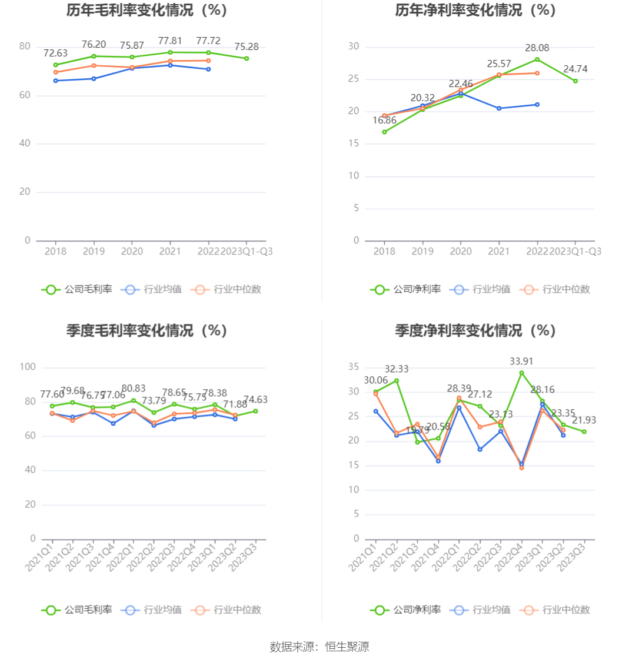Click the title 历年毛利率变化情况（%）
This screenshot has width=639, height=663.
click(x=147, y=10)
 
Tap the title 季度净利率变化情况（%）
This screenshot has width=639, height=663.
click(x=475, y=330)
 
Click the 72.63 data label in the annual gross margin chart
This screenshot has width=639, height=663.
click(x=55, y=53)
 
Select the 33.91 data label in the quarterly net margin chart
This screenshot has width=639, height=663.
click(x=521, y=361)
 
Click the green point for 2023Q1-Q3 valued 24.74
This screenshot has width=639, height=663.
click(x=575, y=81)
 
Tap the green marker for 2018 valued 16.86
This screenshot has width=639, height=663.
click(x=384, y=132)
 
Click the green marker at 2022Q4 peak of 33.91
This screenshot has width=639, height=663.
click(x=521, y=373)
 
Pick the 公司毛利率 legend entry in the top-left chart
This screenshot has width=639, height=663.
click(x=76, y=289)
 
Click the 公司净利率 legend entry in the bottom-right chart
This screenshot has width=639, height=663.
click(x=405, y=610)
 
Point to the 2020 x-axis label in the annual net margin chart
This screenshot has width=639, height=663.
click(x=461, y=252)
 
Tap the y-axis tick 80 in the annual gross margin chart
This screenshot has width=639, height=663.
click(x=25, y=46)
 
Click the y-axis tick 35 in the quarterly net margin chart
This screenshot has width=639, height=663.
click(x=353, y=367)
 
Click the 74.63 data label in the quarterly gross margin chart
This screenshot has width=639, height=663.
click(x=255, y=400)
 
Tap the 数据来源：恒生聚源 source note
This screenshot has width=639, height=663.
click(x=319, y=647)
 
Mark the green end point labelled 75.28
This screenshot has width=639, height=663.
click(x=247, y=58)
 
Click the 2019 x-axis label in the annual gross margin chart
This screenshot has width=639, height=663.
click(x=94, y=252)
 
